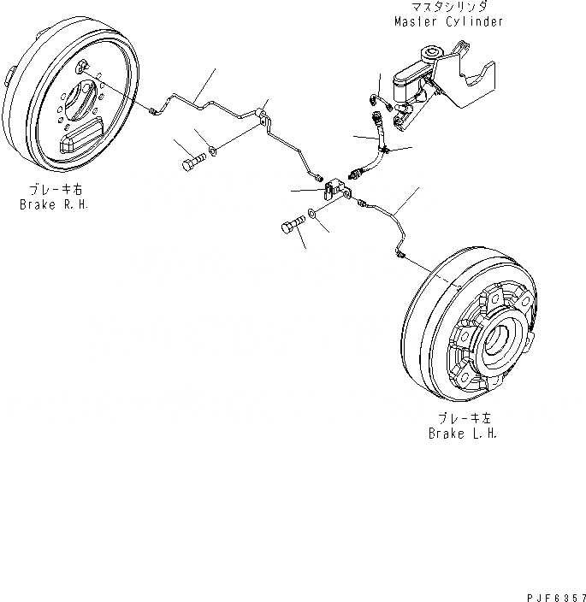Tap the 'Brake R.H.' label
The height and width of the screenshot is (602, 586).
pos(55,205)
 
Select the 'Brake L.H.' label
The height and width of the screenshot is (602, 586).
pos(463,433)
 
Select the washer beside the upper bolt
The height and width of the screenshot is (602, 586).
pos(214,155)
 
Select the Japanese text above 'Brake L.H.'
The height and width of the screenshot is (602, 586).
pos(463,419)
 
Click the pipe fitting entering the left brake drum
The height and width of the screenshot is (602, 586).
pos(400,253)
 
